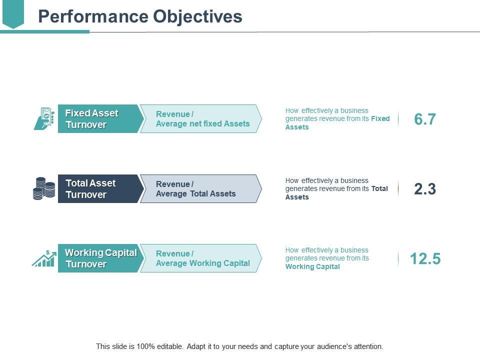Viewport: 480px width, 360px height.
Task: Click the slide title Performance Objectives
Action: [x=140, y=16]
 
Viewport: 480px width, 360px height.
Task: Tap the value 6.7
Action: [x=425, y=119]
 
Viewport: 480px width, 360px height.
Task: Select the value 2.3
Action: [x=425, y=189]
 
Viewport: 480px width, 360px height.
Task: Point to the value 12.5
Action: [x=425, y=258]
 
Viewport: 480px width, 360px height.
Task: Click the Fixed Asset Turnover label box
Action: [x=98, y=119]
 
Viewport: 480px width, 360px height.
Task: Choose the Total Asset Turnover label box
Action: [x=98, y=189]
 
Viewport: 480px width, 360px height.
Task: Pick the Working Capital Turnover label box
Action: [x=99, y=258]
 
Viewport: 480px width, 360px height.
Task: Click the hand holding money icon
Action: [x=44, y=119]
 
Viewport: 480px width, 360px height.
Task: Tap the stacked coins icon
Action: [x=44, y=189]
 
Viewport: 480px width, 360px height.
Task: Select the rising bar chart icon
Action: [x=44, y=259]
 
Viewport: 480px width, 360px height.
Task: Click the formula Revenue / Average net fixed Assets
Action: [x=202, y=119]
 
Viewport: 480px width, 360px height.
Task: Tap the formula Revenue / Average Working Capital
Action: [x=202, y=258]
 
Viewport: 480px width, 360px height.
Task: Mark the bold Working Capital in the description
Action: [x=312, y=266]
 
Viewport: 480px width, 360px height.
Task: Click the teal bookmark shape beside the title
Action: [x=13, y=13]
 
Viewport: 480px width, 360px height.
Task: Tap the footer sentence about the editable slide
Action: [x=239, y=346]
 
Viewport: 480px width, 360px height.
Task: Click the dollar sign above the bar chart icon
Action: [x=48, y=252]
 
